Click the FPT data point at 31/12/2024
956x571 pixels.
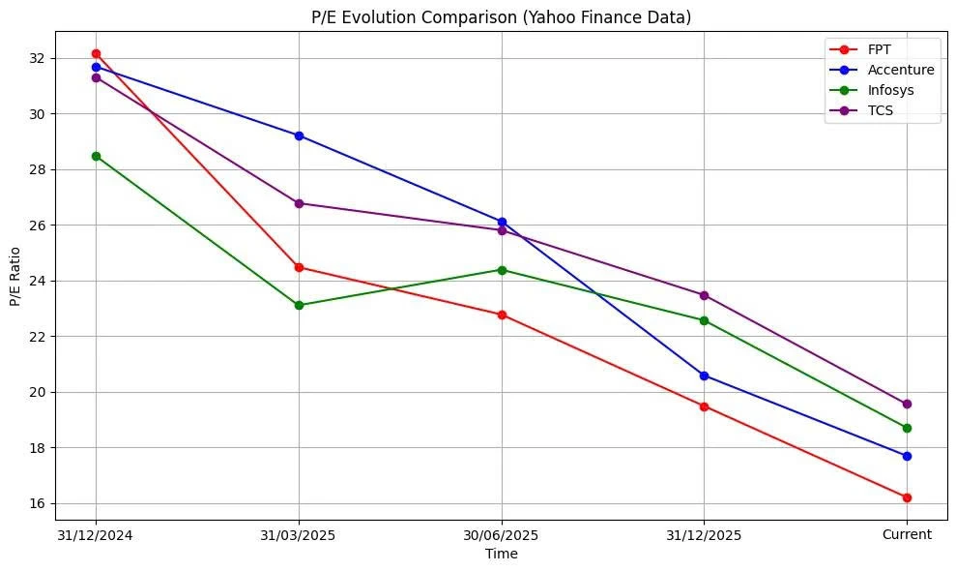point(96,53)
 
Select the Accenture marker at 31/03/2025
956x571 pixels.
point(299,135)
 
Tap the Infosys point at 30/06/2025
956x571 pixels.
point(502,270)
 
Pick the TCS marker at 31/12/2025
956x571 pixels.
point(704,295)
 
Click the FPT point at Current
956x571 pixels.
point(907,497)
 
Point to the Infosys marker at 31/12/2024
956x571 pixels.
point(96,156)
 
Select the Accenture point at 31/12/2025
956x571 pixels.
point(704,376)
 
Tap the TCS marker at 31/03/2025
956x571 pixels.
point(299,203)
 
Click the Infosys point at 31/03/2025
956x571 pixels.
point(299,305)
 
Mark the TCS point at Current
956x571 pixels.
point(907,404)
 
